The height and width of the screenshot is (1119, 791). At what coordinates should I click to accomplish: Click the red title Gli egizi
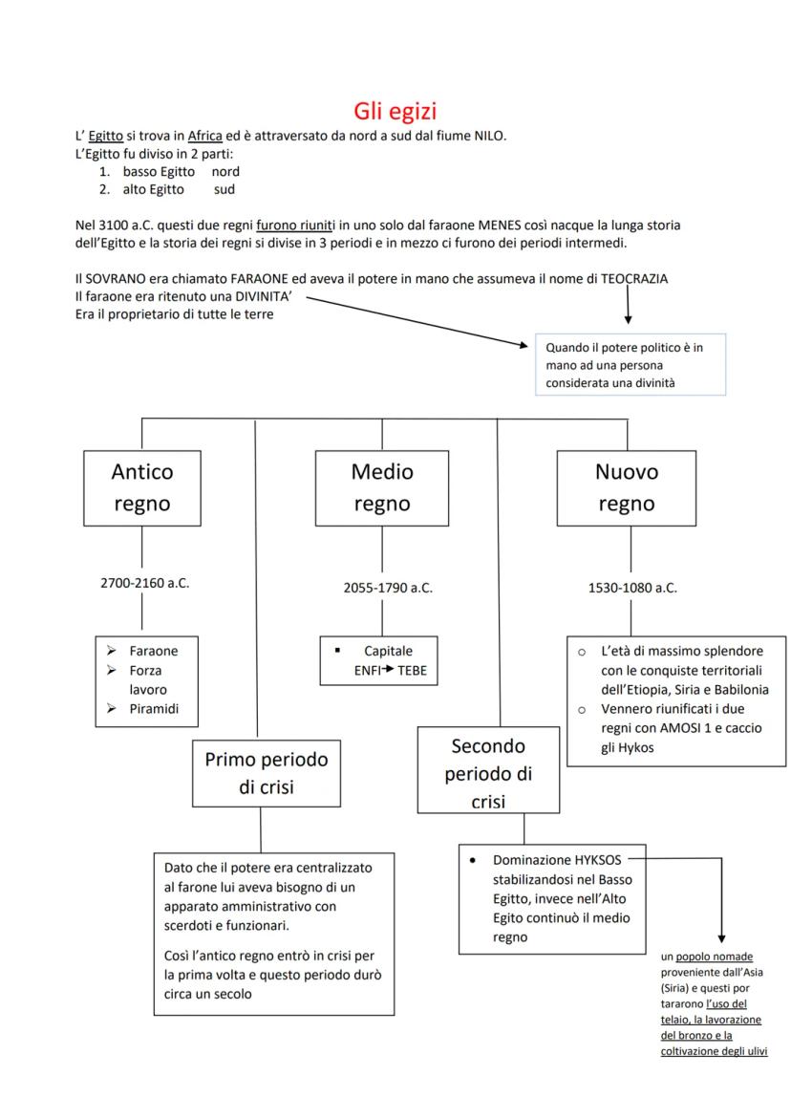395,111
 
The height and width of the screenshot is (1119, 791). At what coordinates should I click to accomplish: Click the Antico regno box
142,487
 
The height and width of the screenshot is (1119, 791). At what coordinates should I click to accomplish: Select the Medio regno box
382,487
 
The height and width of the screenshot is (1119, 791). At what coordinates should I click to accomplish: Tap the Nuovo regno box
626,487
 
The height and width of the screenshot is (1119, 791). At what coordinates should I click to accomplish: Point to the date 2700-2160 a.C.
145,583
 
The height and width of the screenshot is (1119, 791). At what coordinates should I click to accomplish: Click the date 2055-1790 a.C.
388,588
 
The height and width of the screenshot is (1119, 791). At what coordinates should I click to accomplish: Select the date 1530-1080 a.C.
632,588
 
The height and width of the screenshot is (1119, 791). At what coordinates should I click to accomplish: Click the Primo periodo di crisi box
267,772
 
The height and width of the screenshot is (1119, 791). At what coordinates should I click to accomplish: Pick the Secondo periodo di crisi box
488,772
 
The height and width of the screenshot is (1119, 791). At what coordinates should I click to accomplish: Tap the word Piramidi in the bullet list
155,708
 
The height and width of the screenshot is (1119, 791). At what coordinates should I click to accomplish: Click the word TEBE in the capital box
413,670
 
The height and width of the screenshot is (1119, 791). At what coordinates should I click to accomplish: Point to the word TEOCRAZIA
629,278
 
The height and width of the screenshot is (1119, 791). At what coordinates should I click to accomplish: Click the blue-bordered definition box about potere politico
631,364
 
